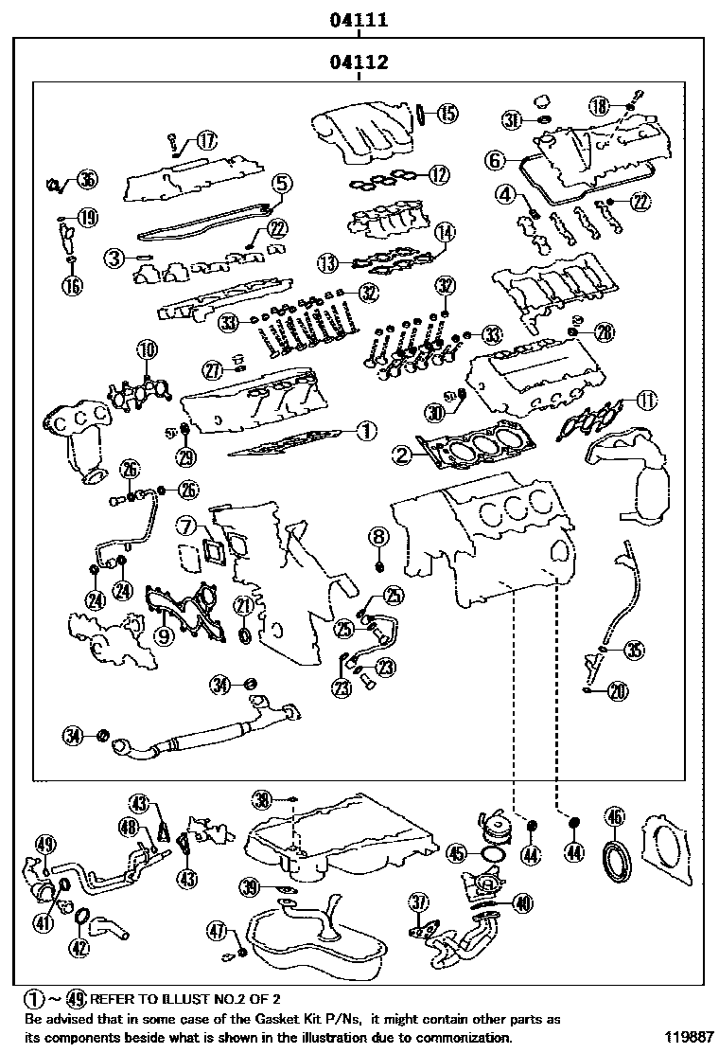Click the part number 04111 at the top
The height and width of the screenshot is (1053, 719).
click(x=359, y=19)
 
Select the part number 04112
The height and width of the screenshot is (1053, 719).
click(x=359, y=63)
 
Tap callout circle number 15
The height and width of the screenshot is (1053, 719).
click(x=447, y=115)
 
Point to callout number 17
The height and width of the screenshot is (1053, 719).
click(x=205, y=141)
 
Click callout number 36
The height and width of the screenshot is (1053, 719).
click(x=87, y=180)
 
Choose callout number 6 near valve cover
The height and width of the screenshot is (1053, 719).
click(x=496, y=160)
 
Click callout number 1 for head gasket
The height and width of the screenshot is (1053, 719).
click(x=366, y=431)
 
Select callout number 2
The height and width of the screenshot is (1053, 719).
click(x=403, y=455)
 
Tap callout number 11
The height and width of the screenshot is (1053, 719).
click(x=645, y=400)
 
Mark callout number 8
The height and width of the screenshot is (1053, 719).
click(x=378, y=537)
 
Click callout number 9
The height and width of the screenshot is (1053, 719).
click(x=164, y=635)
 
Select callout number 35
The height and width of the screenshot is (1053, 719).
click(x=634, y=649)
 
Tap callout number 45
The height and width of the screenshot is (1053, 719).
click(x=457, y=854)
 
